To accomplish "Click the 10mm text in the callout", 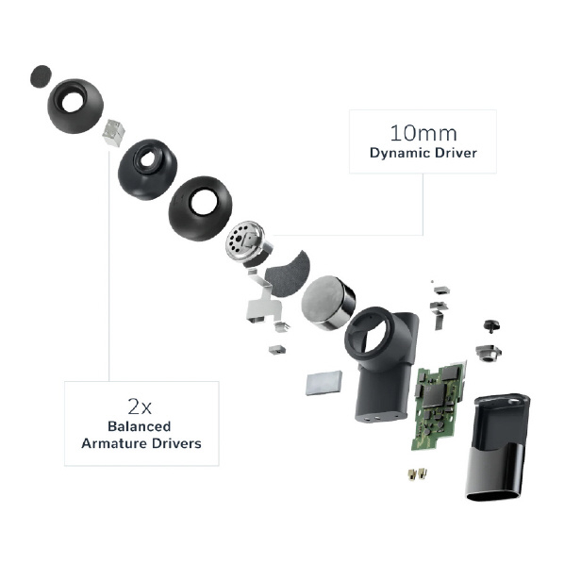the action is click(423, 133).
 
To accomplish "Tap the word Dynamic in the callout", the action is click(400, 154).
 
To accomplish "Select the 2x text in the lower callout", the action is click(140, 406).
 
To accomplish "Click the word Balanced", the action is click(140, 426).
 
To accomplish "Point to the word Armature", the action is click(114, 443).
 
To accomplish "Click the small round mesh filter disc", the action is click(41, 75).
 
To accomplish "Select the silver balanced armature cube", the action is click(113, 132).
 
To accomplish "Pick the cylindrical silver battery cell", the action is click(328, 303).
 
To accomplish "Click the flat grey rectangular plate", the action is click(323, 383).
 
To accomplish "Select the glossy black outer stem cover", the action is click(498, 447).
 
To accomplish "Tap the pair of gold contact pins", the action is click(417, 474).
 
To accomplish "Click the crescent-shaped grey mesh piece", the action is click(288, 274).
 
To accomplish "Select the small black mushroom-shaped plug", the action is click(491, 325).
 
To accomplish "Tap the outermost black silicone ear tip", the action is click(75, 106).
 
